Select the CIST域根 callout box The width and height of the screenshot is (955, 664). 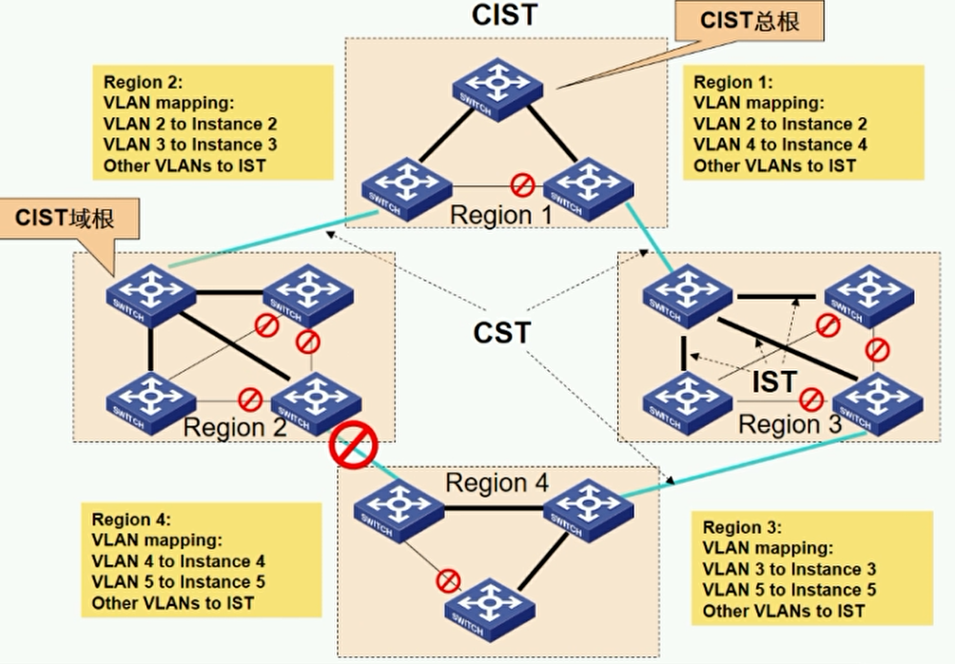click(65, 218)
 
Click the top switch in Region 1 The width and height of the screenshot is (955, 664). click(497, 84)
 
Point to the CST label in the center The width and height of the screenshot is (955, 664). click(503, 332)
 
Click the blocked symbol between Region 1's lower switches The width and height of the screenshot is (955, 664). click(520, 184)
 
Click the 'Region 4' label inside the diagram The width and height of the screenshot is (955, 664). click(497, 482)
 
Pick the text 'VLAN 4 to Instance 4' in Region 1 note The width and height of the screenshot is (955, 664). click(780, 145)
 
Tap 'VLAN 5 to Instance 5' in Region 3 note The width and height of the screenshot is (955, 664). click(789, 590)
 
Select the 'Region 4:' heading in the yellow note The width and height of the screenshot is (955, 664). click(131, 519)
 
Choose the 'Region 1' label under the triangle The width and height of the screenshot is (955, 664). click(500, 214)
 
